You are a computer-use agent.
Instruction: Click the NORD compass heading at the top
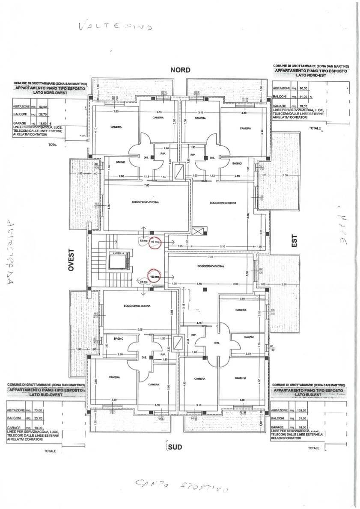tap(180, 70)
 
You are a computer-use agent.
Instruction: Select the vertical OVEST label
tap(71, 259)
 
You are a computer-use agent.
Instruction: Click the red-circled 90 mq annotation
tap(154, 242)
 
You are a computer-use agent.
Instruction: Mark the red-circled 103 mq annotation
tap(155, 276)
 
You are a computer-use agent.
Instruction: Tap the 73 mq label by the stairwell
tap(143, 282)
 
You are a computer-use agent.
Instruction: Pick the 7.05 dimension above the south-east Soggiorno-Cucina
tap(210, 257)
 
